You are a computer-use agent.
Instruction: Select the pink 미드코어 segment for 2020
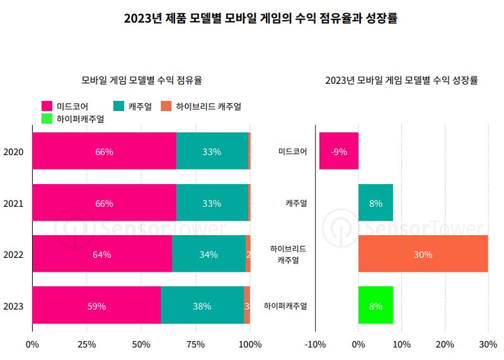pyautogui.click(x=104, y=151)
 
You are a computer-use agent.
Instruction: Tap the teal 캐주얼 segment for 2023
pyautogui.click(x=202, y=306)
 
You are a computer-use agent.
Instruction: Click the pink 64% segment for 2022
pyautogui.click(x=101, y=254)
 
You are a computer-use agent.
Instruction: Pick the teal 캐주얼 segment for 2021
pyautogui.click(x=212, y=203)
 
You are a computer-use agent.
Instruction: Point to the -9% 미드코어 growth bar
pyautogui.click(x=339, y=151)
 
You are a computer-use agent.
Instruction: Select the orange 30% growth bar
pyautogui.click(x=423, y=254)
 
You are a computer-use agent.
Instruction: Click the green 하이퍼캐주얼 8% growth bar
pyautogui.click(x=375, y=306)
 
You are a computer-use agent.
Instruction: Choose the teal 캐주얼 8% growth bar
pyautogui.click(x=375, y=203)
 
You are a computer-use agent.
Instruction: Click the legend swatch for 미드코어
pyautogui.click(x=47, y=107)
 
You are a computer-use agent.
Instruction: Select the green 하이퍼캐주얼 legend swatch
pyautogui.click(x=47, y=119)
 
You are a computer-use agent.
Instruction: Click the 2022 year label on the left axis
pyautogui.click(x=13, y=255)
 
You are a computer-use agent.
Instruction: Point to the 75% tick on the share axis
pyautogui.click(x=196, y=344)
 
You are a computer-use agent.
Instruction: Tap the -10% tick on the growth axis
pyautogui.click(x=314, y=344)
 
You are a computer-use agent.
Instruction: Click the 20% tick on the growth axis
pyautogui.click(x=445, y=344)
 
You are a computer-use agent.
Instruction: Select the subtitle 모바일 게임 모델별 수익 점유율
pyautogui.click(x=142, y=80)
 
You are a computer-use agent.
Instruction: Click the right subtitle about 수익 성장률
pyautogui.click(x=401, y=80)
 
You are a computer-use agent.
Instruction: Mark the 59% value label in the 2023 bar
pyautogui.click(x=96, y=306)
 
